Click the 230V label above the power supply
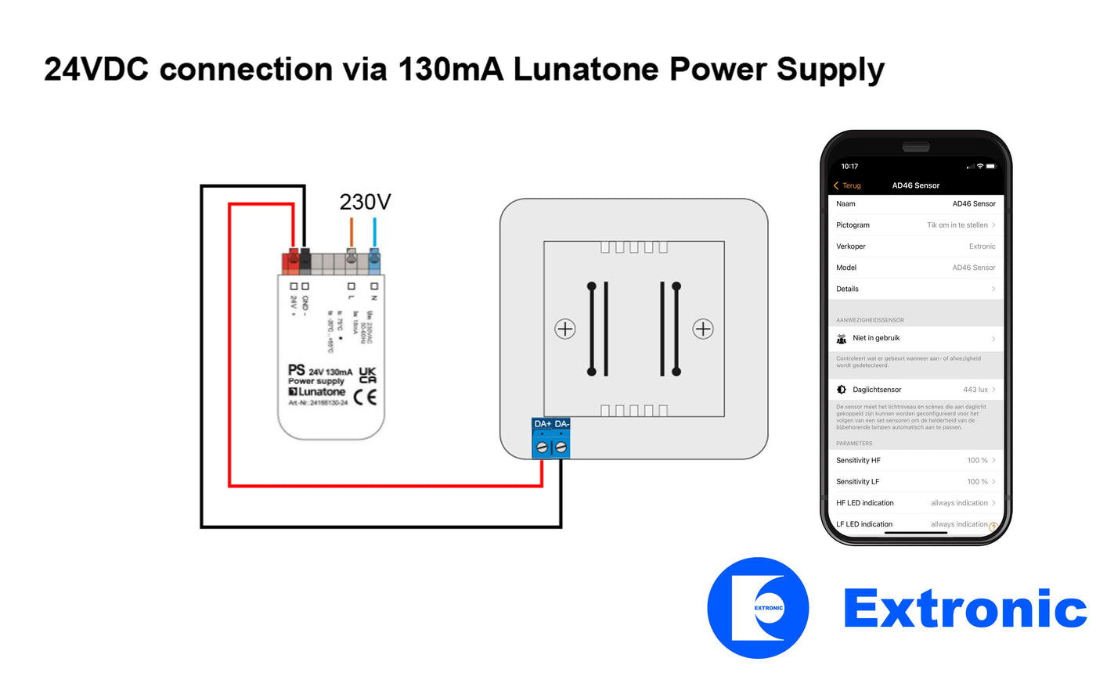365,202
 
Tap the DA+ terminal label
542,424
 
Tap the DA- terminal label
561,424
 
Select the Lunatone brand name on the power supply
322,391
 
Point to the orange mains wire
352,233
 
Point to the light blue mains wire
374,233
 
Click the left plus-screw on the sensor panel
565,329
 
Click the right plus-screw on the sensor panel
703,329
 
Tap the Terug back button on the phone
847,185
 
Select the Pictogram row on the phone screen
915,225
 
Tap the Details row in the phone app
915,289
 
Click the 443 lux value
979,390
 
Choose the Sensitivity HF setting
915,460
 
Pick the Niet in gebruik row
915,338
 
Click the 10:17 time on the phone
849,166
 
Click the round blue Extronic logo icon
758,608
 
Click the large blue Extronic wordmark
964,608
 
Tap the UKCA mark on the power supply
367,375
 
